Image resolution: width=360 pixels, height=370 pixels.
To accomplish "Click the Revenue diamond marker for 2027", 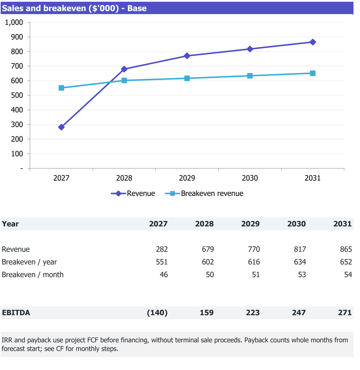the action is pyautogui.click(x=61, y=127).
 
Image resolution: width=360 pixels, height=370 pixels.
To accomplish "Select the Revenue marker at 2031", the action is pyautogui.click(x=313, y=42).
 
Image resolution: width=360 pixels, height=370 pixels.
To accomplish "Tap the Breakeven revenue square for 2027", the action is pyautogui.click(x=61, y=88).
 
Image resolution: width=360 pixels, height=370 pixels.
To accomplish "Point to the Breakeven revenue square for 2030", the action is pyautogui.click(x=250, y=76).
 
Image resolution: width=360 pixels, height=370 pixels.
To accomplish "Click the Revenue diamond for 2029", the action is pyautogui.click(x=187, y=56).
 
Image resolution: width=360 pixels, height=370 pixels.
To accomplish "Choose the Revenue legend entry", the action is pyautogui.click(x=133, y=194).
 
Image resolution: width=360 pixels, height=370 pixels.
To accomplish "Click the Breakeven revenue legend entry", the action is pyautogui.click(x=204, y=194).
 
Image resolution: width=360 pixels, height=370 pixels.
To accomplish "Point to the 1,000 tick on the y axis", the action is pyautogui.click(x=14, y=22).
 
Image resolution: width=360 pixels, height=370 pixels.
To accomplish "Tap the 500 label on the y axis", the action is pyautogui.click(x=17, y=96).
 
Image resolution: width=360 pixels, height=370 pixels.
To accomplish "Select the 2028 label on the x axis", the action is pyautogui.click(x=124, y=178).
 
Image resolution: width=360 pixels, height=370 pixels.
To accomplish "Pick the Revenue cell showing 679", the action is pyautogui.click(x=208, y=249).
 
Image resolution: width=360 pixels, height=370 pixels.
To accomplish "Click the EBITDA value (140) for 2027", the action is pyautogui.click(x=157, y=313).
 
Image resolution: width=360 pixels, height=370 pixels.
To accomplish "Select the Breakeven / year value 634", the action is pyautogui.click(x=300, y=262).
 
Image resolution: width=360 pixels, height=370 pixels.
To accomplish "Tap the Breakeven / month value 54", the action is pyautogui.click(x=348, y=275).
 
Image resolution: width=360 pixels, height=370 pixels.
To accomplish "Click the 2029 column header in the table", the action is pyautogui.click(x=250, y=224).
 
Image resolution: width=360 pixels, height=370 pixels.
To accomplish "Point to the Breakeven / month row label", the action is pyautogui.click(x=33, y=275).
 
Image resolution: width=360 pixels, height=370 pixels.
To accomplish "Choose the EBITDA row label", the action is pyautogui.click(x=16, y=313).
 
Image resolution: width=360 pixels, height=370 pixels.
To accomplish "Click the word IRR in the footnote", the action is pyautogui.click(x=7, y=340).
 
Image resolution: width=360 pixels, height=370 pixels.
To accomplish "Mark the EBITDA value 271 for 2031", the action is pyautogui.click(x=345, y=313).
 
